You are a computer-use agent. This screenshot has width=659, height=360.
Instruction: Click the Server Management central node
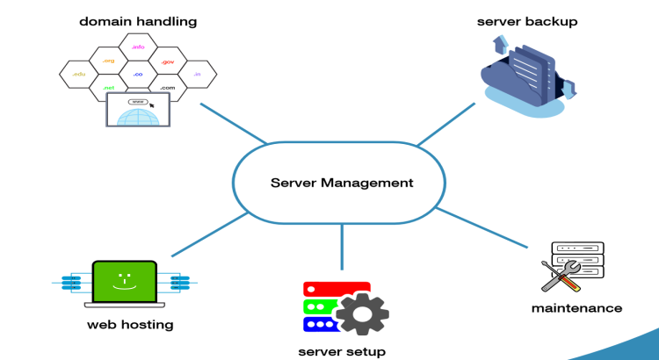[x=341, y=183]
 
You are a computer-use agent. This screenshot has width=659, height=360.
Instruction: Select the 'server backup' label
[x=527, y=20]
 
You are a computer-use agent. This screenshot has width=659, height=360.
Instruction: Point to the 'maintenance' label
[x=576, y=307]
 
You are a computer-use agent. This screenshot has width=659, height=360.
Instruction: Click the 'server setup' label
[x=342, y=351]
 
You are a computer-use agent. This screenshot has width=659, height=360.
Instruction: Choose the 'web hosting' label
[x=130, y=325]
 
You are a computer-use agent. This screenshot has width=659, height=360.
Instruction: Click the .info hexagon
[x=138, y=47]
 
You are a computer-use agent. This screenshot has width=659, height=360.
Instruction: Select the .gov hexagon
[x=168, y=61]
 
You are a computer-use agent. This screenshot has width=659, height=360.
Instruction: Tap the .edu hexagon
[x=77, y=75]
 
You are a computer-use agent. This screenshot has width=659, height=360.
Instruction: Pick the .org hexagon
[x=108, y=61]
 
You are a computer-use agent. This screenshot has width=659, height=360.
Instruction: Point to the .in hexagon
[x=197, y=75]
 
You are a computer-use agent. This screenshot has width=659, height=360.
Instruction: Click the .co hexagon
[x=138, y=75]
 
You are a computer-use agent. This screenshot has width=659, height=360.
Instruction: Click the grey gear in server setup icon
[x=362, y=312]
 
